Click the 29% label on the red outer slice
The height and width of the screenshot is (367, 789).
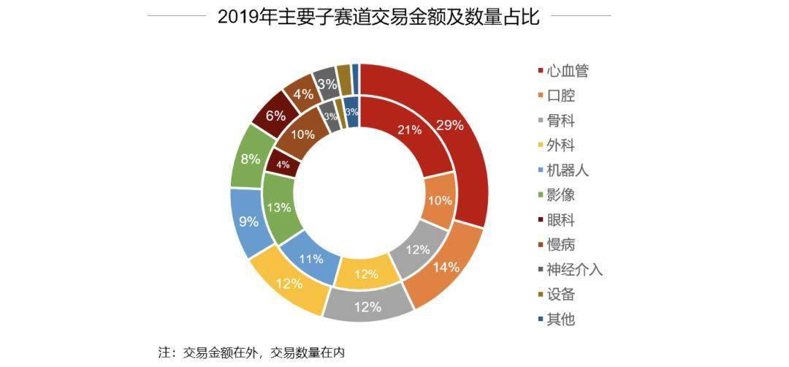coord(449,125)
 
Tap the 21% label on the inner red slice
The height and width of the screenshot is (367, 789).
coord(409,130)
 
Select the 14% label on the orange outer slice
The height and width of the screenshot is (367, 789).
coord(447,268)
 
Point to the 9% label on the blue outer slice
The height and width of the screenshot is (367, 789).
coord(248,221)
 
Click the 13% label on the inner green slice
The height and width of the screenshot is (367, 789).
coord(279,208)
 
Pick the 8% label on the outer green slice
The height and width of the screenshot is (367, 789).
coord(251,159)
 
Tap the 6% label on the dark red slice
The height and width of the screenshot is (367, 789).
coord(275,116)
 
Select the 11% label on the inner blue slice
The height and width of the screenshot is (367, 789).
coord(311,260)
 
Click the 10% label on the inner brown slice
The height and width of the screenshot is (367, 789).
coord(303,135)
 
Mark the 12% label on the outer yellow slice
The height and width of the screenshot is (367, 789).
coord(289,284)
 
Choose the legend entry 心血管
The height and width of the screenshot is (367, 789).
coord(563,71)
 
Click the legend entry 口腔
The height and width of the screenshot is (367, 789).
coord(557,96)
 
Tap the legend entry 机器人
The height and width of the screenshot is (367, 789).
coord(563,170)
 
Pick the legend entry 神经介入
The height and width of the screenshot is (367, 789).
coord(570,270)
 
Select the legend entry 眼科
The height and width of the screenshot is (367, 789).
coord(557,220)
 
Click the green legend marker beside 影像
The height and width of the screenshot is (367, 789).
coord(541,195)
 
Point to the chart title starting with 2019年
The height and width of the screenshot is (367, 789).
coord(378,17)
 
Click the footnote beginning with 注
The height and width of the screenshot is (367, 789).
coord(251,352)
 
